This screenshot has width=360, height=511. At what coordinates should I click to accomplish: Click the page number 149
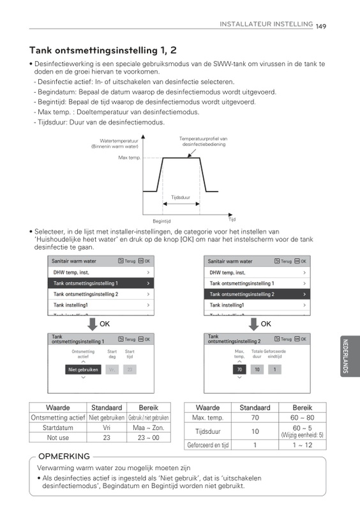pos(320,26)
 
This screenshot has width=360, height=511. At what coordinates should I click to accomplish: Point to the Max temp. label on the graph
pos(129,158)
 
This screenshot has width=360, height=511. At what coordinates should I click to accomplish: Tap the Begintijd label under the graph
pos(160,221)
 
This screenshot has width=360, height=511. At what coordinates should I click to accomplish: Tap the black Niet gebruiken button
pos(83,369)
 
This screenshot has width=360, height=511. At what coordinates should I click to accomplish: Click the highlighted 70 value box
pos(239,369)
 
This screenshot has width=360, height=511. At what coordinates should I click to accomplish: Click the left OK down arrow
pos(92,324)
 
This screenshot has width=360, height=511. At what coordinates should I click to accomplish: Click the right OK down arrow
pos(250,324)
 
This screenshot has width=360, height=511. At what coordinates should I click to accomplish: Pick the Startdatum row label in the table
pos(57,427)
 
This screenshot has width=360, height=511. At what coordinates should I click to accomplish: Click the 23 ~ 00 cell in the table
pos(147,438)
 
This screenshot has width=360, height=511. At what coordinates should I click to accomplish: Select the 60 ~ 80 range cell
pos(303,417)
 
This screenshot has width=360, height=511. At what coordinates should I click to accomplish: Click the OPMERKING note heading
pos(64,457)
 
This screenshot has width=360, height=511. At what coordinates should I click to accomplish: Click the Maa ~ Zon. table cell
pos(147,427)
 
